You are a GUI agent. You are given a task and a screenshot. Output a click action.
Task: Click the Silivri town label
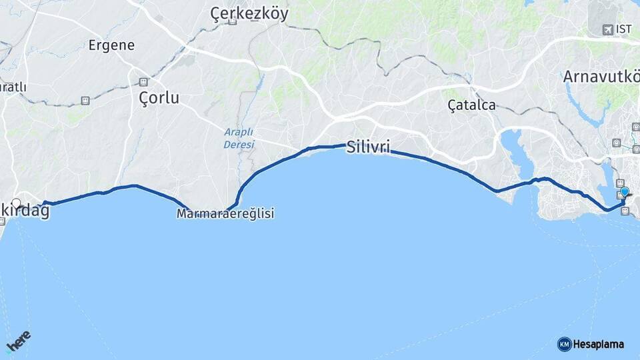coord(368,147)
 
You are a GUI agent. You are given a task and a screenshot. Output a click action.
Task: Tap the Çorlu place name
coord(159,98)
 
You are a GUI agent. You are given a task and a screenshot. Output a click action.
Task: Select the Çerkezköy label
coord(249,12)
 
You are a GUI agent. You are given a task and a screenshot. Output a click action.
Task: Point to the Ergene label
coord(111,45)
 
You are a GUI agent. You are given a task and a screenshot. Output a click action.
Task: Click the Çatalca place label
coord(471,105)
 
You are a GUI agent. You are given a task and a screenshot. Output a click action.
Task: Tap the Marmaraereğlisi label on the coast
coord(225,214)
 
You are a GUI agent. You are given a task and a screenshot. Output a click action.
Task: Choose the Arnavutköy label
coord(600,76)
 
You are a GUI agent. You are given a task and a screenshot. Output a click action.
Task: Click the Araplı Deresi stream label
coord(239,138)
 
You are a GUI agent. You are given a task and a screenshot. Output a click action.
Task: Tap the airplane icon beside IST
coord(607,29)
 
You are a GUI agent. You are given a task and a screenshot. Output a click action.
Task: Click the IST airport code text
coord(624,29)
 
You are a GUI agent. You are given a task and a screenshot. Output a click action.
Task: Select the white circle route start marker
coord(17,203)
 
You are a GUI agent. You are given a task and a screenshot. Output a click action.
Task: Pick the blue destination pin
coord(625,192)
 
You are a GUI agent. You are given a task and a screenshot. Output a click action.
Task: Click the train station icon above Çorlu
coord(143,81)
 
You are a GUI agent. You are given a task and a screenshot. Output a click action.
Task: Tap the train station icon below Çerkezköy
coord(232,22)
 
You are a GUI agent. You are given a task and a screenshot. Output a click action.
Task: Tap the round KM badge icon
coord(564,344)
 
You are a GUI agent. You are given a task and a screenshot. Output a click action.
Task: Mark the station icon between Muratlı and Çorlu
coord(85,101)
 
